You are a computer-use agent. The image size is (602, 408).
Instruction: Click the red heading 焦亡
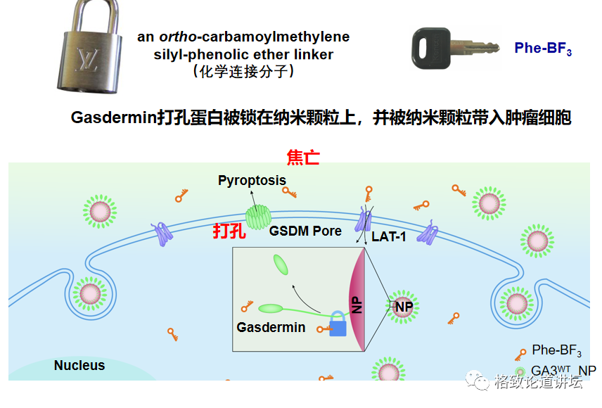[303, 157]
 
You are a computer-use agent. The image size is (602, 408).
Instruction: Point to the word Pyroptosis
[252, 180]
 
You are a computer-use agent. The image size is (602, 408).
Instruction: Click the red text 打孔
[230, 231]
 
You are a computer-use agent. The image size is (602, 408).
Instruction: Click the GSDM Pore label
[305, 231]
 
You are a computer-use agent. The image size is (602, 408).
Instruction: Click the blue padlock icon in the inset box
[338, 326]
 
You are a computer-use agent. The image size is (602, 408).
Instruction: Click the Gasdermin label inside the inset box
[271, 327]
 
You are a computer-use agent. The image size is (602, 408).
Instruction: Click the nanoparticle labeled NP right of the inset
[404, 307]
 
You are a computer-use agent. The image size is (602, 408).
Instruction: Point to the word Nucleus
[79, 366]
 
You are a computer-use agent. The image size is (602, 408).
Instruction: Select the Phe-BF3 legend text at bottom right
[556, 350]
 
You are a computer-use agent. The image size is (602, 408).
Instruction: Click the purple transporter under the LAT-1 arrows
[364, 221]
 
